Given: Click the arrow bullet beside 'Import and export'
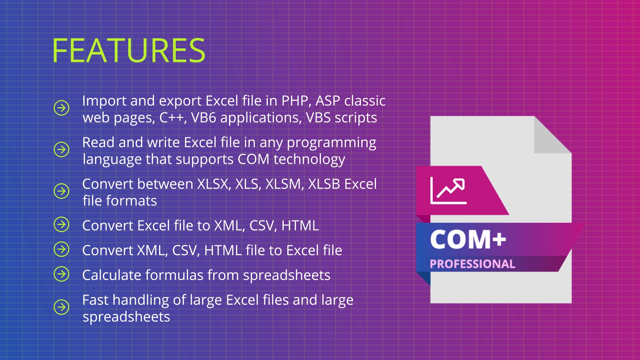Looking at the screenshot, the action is click(x=61, y=108).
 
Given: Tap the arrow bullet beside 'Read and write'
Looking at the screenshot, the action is click(x=61, y=149).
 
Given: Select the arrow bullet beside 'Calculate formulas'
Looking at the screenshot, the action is click(x=61, y=274).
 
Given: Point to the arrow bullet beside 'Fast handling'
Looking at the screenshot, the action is click(x=61, y=307).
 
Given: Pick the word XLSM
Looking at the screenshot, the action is click(x=284, y=184).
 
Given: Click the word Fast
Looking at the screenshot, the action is click(x=95, y=300).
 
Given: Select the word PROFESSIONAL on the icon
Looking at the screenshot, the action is click(x=472, y=264).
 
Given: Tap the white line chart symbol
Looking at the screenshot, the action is click(x=448, y=190).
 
